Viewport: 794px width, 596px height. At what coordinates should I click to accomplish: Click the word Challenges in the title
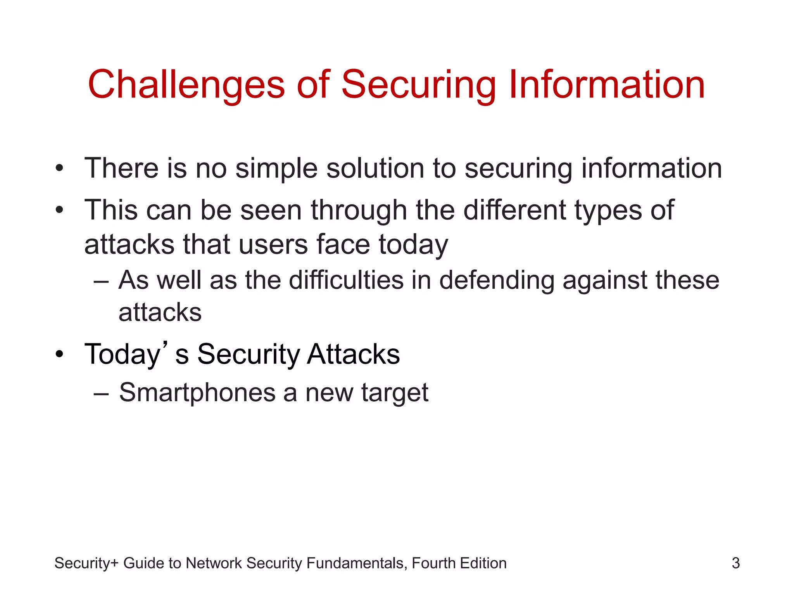tap(186, 85)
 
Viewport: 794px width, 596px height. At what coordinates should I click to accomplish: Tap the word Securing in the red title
tap(419, 85)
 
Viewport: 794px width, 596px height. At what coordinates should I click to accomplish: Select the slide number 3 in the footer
tap(735, 563)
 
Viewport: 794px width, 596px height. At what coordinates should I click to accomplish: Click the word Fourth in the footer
tap(433, 563)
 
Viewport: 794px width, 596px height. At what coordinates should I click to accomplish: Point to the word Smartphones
tap(197, 393)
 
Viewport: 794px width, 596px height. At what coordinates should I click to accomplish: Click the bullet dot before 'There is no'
tap(59, 169)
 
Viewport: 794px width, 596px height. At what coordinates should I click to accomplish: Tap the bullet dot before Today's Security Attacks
tap(59, 354)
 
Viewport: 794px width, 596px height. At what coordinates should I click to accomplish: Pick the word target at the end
tap(395, 393)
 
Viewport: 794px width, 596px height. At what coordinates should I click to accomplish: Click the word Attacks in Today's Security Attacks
tap(353, 354)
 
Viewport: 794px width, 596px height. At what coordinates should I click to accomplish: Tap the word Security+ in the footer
tap(86, 563)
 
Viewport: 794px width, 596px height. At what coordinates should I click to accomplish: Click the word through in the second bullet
tap(359, 210)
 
